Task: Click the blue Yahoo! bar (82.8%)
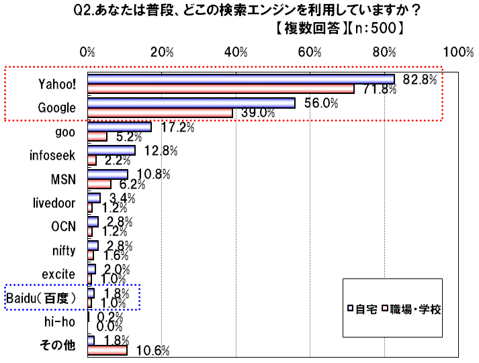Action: [x=241, y=79]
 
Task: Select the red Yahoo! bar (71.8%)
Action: [x=220, y=89]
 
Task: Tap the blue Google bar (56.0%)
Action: [x=191, y=103]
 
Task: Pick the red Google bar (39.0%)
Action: [x=160, y=113]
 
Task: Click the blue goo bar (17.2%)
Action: [x=119, y=127]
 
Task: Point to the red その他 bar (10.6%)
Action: [x=107, y=350]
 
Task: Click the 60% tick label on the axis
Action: [x=310, y=52]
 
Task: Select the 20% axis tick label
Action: [x=161, y=52]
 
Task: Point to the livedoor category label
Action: [x=54, y=203]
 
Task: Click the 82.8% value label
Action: [x=420, y=79]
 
